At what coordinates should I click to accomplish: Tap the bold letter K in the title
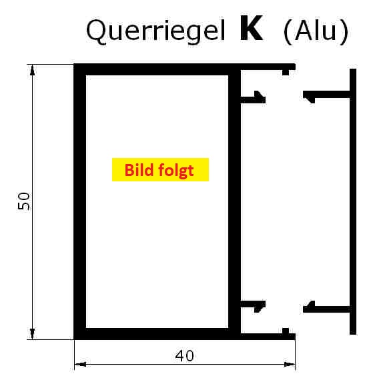[252, 28]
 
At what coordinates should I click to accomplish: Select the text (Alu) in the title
[316, 31]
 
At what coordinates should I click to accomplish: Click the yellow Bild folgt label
[160, 169]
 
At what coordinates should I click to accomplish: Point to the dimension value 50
[24, 201]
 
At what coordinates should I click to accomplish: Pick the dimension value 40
[185, 356]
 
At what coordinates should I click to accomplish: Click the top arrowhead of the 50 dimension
[32, 70]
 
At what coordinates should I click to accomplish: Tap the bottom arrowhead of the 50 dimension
[32, 333]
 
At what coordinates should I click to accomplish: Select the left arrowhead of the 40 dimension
[80, 364]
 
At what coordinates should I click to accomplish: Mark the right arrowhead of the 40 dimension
[290, 364]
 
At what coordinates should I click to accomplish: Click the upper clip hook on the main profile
[253, 98]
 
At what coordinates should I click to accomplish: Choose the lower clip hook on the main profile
[253, 306]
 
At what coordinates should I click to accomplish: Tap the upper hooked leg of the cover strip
[326, 95]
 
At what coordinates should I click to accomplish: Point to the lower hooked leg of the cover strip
[326, 307]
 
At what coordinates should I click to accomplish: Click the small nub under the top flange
[286, 73]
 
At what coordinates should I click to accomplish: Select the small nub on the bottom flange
[286, 331]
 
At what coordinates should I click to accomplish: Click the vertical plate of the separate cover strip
[353, 201]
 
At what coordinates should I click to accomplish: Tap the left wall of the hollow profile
[80, 201]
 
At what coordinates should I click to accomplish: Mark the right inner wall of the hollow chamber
[234, 201]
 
